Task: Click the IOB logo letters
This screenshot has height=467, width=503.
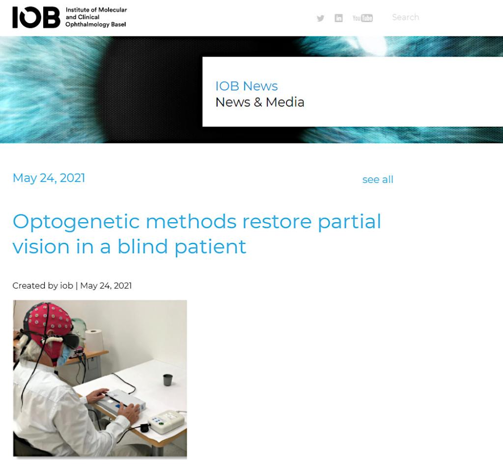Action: coord(36,17)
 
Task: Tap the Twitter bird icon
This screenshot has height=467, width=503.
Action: coord(320,18)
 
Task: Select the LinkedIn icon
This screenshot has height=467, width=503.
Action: coord(338,18)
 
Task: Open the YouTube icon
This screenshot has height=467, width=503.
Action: coord(363,18)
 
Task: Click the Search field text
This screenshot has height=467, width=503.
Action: coord(405,17)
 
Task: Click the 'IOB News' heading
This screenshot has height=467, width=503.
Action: coord(247,86)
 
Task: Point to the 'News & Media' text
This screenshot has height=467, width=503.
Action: coord(260,102)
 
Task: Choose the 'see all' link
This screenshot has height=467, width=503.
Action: coord(378,179)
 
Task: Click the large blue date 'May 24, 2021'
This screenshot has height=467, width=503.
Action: coord(49,178)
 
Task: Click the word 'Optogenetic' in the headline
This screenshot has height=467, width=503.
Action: coord(76,222)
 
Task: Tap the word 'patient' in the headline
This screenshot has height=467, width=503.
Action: coord(210,247)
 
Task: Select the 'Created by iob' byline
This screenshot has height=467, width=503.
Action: coord(43,285)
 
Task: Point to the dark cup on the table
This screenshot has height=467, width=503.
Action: coord(168,379)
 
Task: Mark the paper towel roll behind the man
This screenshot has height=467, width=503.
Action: coord(94,340)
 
